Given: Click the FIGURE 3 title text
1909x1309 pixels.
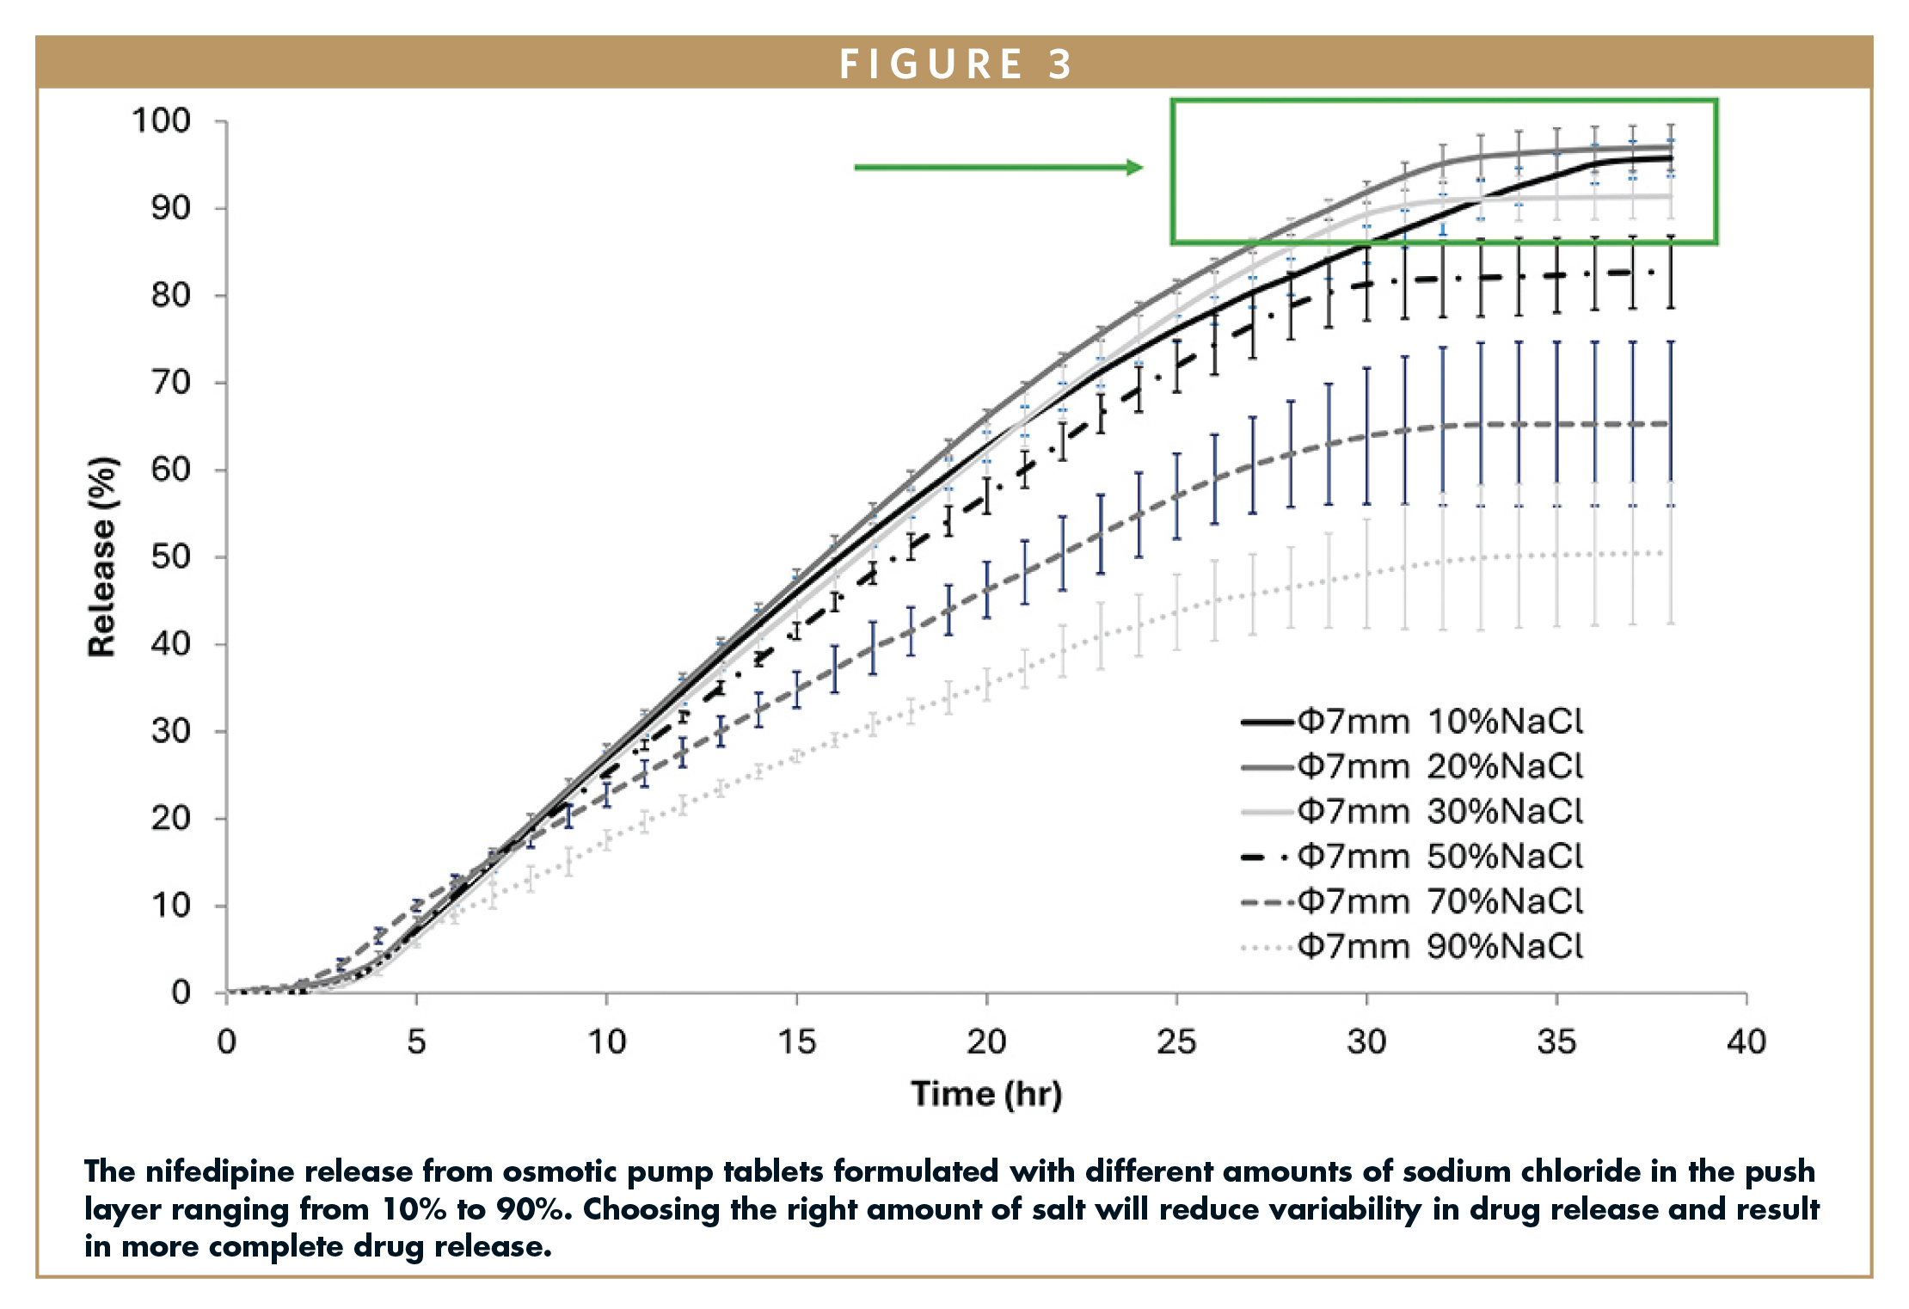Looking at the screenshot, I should click(x=955, y=64).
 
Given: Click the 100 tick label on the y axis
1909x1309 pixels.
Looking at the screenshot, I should click(x=161, y=120).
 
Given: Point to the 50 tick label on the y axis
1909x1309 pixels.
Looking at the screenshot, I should click(x=170, y=556).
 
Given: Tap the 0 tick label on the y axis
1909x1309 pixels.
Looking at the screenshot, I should click(x=181, y=993).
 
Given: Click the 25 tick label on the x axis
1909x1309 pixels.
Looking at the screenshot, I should click(x=1175, y=1042).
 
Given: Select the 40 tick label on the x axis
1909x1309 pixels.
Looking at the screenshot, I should click(x=1746, y=1042).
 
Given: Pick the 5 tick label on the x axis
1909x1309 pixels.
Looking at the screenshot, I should click(x=416, y=1042).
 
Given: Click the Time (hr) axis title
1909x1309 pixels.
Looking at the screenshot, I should click(x=986, y=1094).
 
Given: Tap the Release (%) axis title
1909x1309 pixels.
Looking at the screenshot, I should click(x=101, y=557).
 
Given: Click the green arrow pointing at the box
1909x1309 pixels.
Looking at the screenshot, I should click(x=997, y=167).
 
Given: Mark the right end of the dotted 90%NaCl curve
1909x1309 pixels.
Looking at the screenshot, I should click(x=1669, y=553).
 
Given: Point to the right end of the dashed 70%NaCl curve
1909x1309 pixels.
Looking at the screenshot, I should click(x=1669, y=424).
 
